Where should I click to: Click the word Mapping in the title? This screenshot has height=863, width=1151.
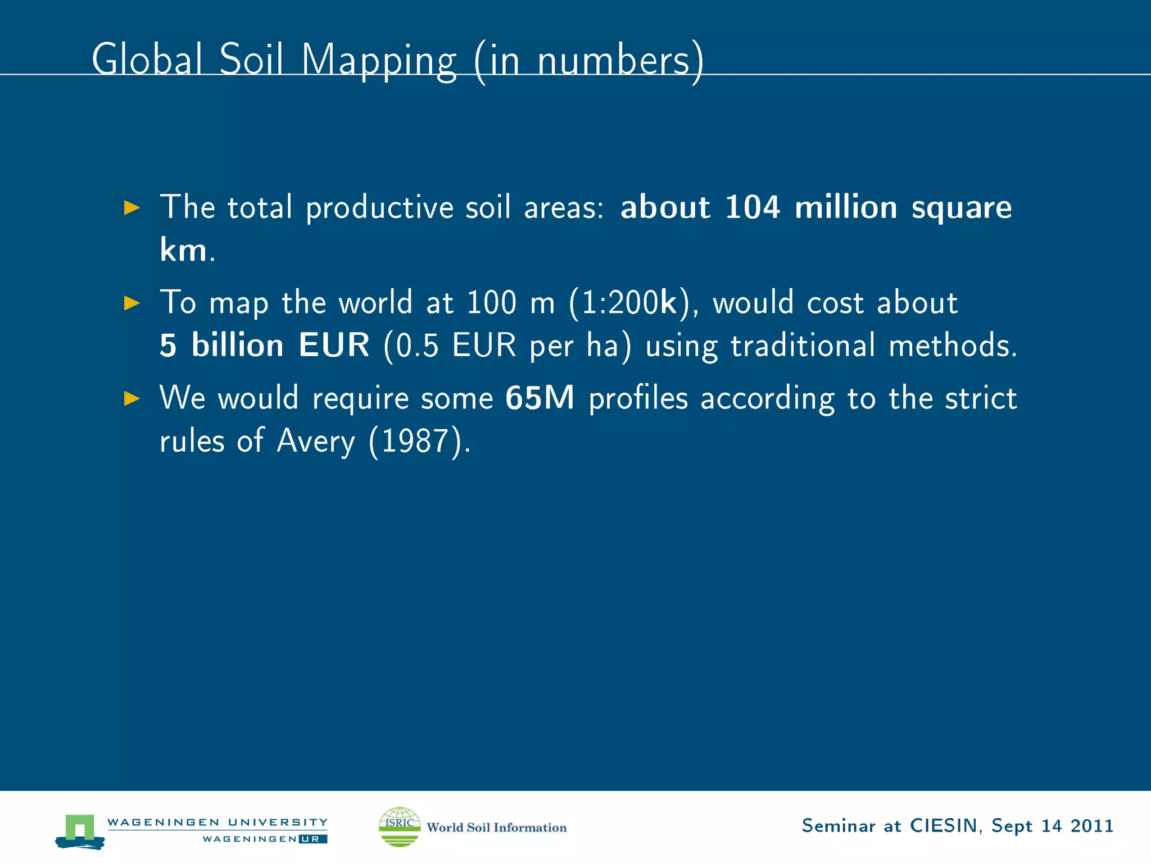(x=379, y=61)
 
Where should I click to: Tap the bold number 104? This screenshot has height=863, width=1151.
(x=752, y=207)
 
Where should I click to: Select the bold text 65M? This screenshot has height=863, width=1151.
(x=540, y=398)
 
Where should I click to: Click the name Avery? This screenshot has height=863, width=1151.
(x=316, y=442)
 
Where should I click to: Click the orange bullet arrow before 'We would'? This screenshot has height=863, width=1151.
(x=132, y=398)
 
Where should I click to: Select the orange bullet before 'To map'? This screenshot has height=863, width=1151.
(x=132, y=303)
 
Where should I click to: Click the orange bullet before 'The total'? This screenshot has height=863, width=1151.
(x=132, y=207)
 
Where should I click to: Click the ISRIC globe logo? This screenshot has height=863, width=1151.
(x=400, y=826)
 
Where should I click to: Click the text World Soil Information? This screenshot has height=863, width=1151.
(x=496, y=827)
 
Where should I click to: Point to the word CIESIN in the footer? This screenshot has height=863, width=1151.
(x=943, y=825)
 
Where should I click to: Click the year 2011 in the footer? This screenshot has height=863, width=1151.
(x=1091, y=825)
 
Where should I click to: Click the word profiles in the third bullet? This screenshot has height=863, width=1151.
(x=638, y=398)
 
